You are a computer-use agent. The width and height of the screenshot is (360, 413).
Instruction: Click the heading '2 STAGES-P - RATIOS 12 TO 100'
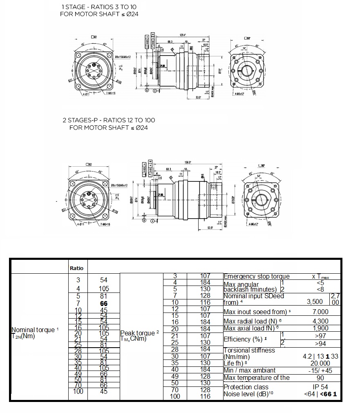coord(108,120)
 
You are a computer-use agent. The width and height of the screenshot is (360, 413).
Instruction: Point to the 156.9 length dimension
coord(188,161)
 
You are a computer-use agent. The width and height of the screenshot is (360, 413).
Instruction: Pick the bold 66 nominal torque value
coord(103,304)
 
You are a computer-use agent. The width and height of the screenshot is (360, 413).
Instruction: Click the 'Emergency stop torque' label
coord(256,277)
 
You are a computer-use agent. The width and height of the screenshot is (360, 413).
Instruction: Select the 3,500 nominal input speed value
coord(315,302)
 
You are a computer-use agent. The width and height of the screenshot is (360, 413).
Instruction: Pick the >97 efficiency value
coord(320,335)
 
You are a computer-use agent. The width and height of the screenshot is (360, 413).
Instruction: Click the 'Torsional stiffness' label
coord(249,350)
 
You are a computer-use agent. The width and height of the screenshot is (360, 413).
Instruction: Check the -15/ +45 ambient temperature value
coord(320,371)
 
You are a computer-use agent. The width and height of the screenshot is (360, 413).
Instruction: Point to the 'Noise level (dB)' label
coord(248,394)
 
